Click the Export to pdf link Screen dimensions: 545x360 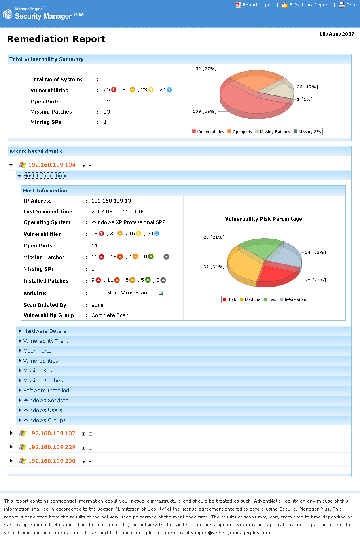(x=257, y=5)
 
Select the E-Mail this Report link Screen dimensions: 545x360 (x=309, y=5)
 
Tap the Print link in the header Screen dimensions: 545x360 (x=351, y=5)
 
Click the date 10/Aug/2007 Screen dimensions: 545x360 (x=337, y=34)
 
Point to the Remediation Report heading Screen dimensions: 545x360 (x=56, y=39)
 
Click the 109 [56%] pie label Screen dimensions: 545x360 (x=204, y=112)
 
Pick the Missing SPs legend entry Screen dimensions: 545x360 (x=309, y=132)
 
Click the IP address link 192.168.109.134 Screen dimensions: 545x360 (x=52, y=165)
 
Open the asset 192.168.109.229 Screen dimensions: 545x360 (x=52, y=447)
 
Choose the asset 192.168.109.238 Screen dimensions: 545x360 (x=52, y=461)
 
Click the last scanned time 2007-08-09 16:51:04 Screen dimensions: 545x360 (x=118, y=212)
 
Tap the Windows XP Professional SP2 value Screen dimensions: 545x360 (x=128, y=222)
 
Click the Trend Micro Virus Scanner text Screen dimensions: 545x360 (x=123, y=293)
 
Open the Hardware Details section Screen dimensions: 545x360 (x=45, y=331)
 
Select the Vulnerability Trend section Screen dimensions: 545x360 (x=46, y=341)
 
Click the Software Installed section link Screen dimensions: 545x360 (x=46, y=391)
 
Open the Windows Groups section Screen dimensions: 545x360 (x=44, y=420)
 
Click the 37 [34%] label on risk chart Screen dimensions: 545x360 (x=213, y=267)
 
